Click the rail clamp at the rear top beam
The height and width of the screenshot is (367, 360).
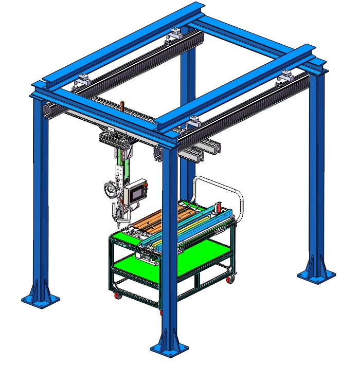174,33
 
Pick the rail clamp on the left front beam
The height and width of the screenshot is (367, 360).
82,80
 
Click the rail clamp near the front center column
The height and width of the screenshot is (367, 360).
193,122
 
